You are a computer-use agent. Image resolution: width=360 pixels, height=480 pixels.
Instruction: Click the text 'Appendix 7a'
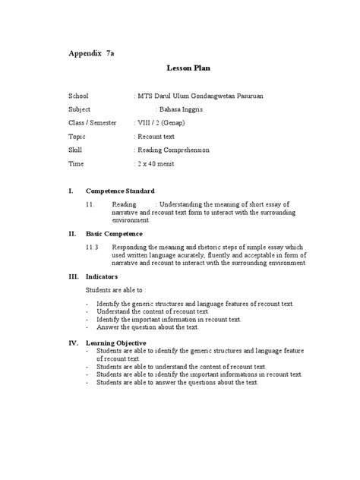tap(92, 55)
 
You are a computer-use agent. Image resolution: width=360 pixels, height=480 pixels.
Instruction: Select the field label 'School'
tap(79, 96)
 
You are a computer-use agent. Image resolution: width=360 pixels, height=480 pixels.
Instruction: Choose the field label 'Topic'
tap(77, 137)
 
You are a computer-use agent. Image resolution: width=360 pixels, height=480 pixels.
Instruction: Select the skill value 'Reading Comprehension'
tap(173, 150)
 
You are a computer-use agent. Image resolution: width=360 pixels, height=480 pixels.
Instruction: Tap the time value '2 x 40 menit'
tap(157, 163)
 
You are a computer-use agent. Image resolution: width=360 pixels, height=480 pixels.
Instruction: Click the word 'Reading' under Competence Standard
tap(124, 204)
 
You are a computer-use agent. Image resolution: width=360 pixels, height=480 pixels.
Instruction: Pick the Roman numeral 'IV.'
tap(74, 342)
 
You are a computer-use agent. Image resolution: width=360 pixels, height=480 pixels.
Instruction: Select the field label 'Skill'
tap(74, 150)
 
